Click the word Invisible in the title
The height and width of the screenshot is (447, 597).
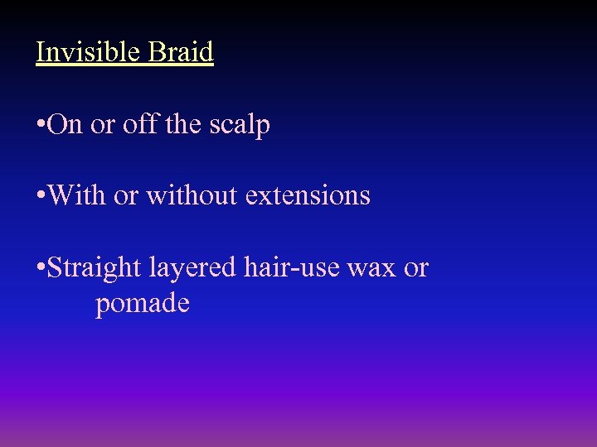click(x=89, y=52)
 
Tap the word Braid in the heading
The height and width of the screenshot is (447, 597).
click(x=181, y=52)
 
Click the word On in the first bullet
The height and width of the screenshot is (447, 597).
click(x=65, y=124)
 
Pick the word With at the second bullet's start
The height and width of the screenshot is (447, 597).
click(x=73, y=195)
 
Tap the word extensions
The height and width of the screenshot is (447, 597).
click(x=305, y=195)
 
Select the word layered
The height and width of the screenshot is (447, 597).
click(x=192, y=268)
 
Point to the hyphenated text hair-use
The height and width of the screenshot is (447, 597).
click(x=291, y=267)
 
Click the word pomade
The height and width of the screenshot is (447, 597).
click(x=143, y=304)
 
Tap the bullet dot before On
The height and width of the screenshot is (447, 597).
click(x=40, y=125)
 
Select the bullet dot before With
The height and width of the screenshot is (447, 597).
click(x=40, y=196)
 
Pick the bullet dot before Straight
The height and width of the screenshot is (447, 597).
click(x=40, y=268)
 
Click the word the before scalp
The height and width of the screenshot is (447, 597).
click(x=182, y=124)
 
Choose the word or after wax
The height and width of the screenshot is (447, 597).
click(x=416, y=268)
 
